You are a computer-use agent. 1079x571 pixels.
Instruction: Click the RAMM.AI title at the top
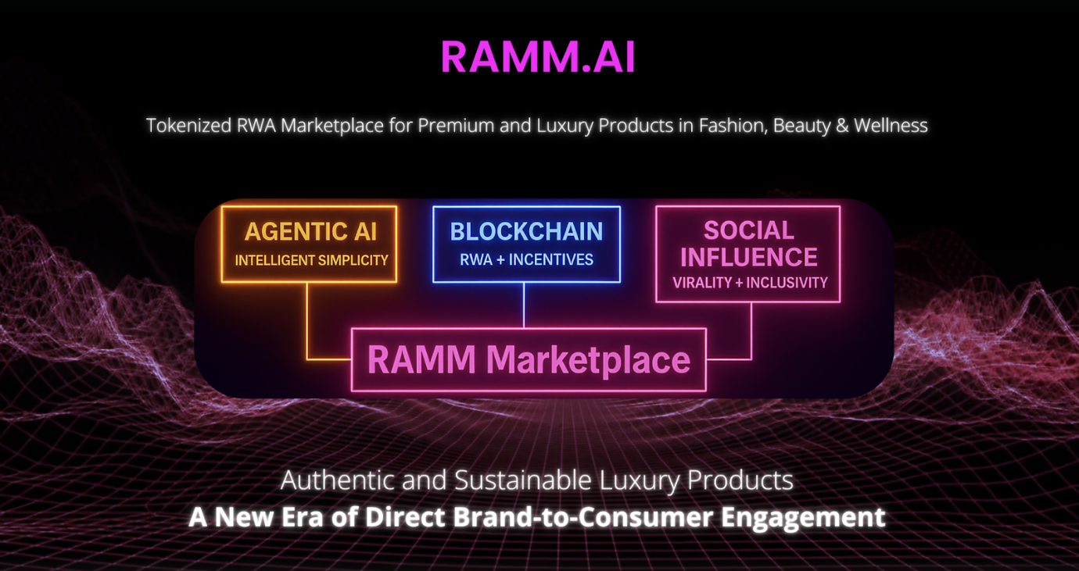538,57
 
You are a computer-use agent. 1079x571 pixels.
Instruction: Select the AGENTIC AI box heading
310,231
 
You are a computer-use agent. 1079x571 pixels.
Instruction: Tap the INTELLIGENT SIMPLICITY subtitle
311,260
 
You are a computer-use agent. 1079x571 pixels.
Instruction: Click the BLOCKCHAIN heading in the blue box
526,231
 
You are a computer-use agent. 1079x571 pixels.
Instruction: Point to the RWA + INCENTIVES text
526,260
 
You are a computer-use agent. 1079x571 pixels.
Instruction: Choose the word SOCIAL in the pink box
748,230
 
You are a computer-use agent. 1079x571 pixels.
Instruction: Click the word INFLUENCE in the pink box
748,256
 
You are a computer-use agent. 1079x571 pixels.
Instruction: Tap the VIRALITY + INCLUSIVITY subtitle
750,282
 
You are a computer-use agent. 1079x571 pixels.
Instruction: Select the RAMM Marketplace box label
529,360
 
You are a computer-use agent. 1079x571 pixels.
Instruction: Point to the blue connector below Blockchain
524,305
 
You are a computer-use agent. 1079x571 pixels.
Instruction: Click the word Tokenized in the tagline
189,126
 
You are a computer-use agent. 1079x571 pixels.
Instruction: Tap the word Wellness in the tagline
891,126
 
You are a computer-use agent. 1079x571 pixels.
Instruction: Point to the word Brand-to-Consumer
583,517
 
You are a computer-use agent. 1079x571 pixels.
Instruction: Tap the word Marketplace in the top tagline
332,126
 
